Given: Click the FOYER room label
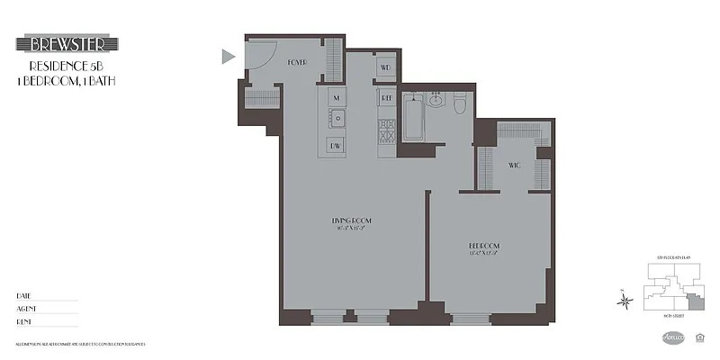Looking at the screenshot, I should (x=298, y=61).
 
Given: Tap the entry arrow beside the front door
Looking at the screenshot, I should (x=228, y=57).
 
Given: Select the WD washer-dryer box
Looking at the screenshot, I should (x=385, y=67).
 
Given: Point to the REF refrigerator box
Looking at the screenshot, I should (x=386, y=96).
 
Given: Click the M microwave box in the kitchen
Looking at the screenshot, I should (x=337, y=96).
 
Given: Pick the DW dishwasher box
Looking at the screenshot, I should (x=337, y=145).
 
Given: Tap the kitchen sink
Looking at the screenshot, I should (x=338, y=119).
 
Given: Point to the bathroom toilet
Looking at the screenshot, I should (x=460, y=103).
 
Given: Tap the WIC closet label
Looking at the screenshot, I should (x=515, y=165).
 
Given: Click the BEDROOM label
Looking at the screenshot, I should (x=483, y=245).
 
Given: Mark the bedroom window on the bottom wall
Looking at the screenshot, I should (x=472, y=316).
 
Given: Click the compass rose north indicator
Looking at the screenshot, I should (x=624, y=300).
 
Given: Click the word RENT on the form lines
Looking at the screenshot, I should (x=23, y=321).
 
